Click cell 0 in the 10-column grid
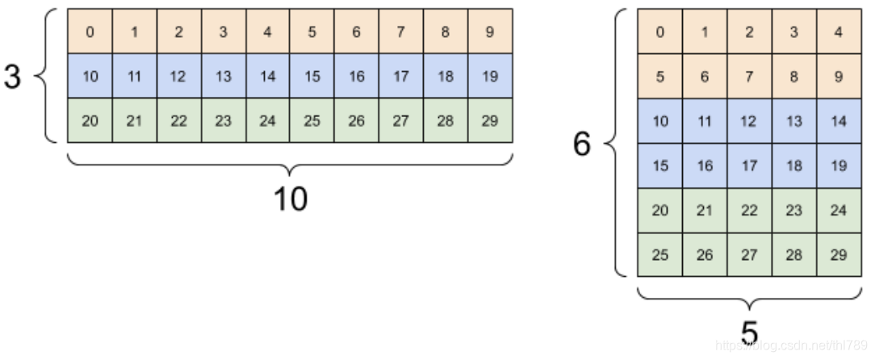pyautogui.click(x=90, y=31)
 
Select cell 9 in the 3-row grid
pyautogui.click(x=490, y=31)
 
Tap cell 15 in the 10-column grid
pyautogui.click(x=312, y=77)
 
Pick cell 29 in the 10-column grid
pyautogui.click(x=490, y=121)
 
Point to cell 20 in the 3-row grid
pyautogui.click(x=90, y=121)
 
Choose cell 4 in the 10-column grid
pyautogui.click(x=268, y=31)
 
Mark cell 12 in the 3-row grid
pyautogui.click(x=178, y=77)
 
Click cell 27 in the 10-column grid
pyautogui.click(x=401, y=121)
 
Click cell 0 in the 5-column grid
pyautogui.click(x=660, y=32)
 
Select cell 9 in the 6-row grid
pyautogui.click(x=839, y=77)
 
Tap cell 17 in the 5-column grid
pyautogui.click(x=750, y=165)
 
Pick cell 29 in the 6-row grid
pyautogui.click(x=839, y=255)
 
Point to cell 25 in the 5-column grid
pyautogui.click(x=660, y=255)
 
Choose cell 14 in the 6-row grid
pyautogui.click(x=839, y=121)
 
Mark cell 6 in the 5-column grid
pyautogui.click(x=705, y=77)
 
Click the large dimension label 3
pyautogui.click(x=12, y=77)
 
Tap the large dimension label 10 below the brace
pyautogui.click(x=290, y=199)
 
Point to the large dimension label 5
pyautogui.click(x=750, y=331)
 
